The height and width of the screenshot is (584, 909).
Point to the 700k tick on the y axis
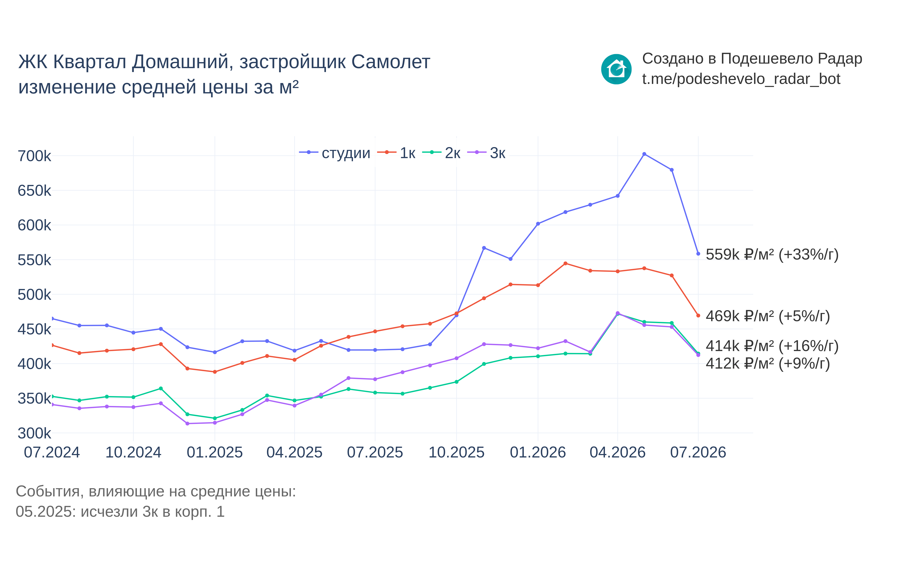34,156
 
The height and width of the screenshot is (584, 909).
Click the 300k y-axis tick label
34,433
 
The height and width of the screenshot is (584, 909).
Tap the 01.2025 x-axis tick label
215,452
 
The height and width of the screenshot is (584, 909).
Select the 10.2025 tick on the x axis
456,452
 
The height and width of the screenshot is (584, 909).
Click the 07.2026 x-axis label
698,452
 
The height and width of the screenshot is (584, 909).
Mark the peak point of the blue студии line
644,154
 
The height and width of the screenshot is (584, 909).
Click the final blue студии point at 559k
698,254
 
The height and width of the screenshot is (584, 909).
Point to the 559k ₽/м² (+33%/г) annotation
772,254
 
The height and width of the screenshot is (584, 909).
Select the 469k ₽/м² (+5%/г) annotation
768,316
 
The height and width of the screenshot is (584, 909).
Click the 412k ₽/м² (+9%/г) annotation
768,363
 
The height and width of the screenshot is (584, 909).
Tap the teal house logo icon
616,69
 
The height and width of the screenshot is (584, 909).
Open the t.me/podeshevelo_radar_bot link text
741,79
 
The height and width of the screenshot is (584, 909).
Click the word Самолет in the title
391,62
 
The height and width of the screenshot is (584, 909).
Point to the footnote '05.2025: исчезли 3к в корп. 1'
120,512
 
